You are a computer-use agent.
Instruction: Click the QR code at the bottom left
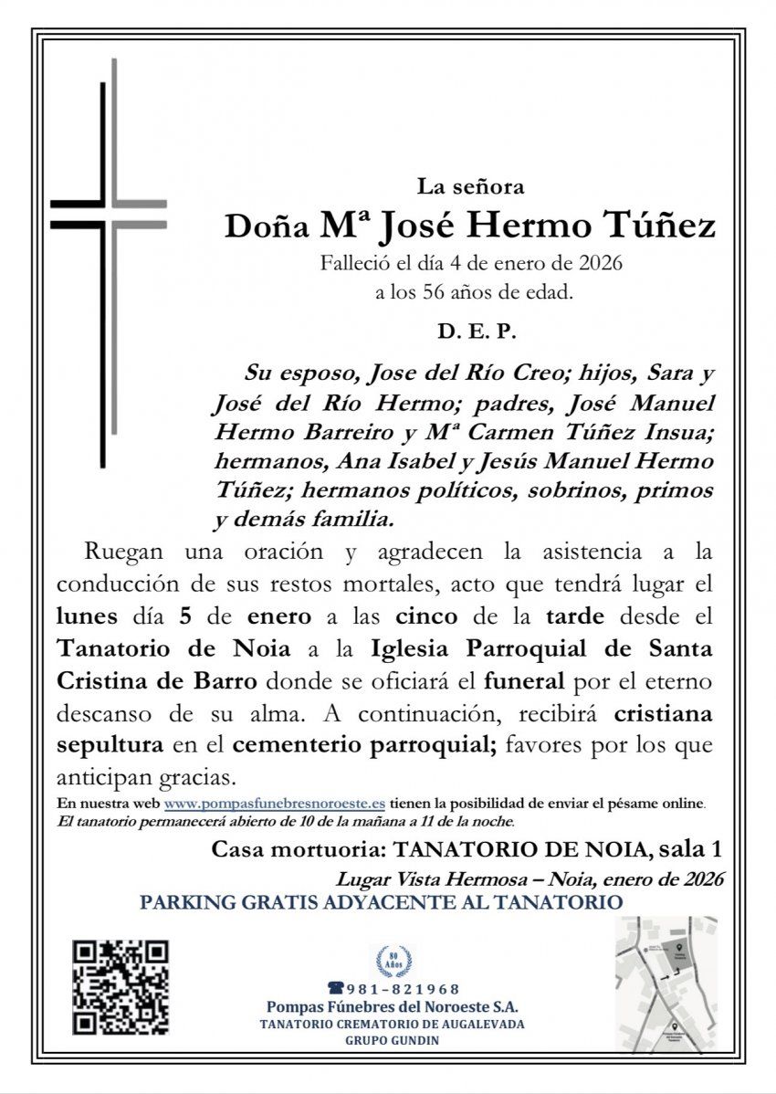[x=121, y=987]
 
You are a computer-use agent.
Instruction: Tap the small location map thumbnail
[x=665, y=984]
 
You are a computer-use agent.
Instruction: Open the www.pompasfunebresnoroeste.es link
[x=274, y=804]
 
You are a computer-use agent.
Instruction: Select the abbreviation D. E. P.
[x=477, y=334]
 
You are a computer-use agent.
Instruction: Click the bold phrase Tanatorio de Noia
[x=174, y=648]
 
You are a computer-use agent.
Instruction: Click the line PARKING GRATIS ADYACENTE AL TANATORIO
[x=382, y=902]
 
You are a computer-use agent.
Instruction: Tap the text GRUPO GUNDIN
[x=393, y=1040]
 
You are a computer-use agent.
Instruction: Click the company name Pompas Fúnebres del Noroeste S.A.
[x=393, y=1006]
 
